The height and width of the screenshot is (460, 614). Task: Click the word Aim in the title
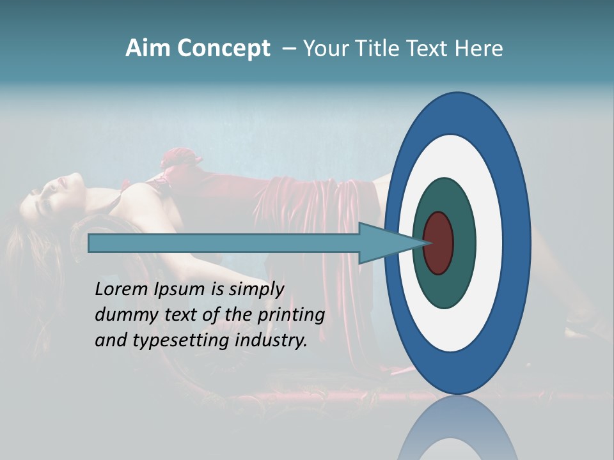[148, 49]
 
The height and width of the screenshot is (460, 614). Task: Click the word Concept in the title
[223, 49]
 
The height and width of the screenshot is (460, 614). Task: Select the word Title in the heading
[383, 49]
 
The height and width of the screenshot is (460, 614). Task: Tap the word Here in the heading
[478, 49]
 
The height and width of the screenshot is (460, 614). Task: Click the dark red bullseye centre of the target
[439, 243]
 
